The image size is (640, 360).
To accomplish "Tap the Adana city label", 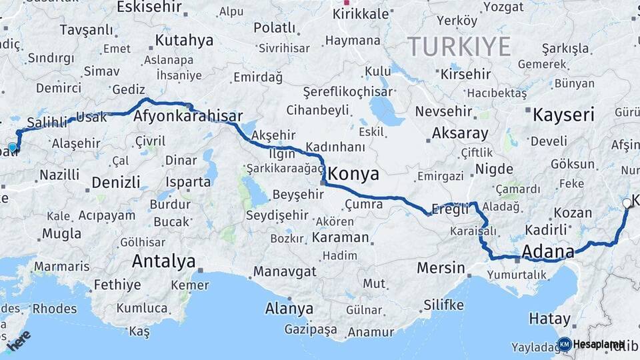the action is (x=548, y=251).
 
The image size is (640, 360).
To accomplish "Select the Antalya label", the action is (x=163, y=261).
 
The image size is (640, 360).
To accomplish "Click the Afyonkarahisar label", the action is (x=188, y=116).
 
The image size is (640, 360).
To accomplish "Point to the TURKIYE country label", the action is (x=459, y=47).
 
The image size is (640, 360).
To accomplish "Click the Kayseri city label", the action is (x=563, y=115).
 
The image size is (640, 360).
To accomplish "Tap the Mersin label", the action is (x=441, y=268).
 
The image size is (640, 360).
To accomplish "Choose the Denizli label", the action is (x=116, y=182).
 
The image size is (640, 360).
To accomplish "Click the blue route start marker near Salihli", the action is (x=12, y=148).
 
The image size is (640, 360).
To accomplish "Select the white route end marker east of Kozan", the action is (x=627, y=203).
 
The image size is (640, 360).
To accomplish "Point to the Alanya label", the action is (x=289, y=309).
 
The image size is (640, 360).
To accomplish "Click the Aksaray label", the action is (x=460, y=133).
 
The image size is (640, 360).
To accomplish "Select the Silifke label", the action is (x=443, y=305).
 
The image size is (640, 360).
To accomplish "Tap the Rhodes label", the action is (x=55, y=308).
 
